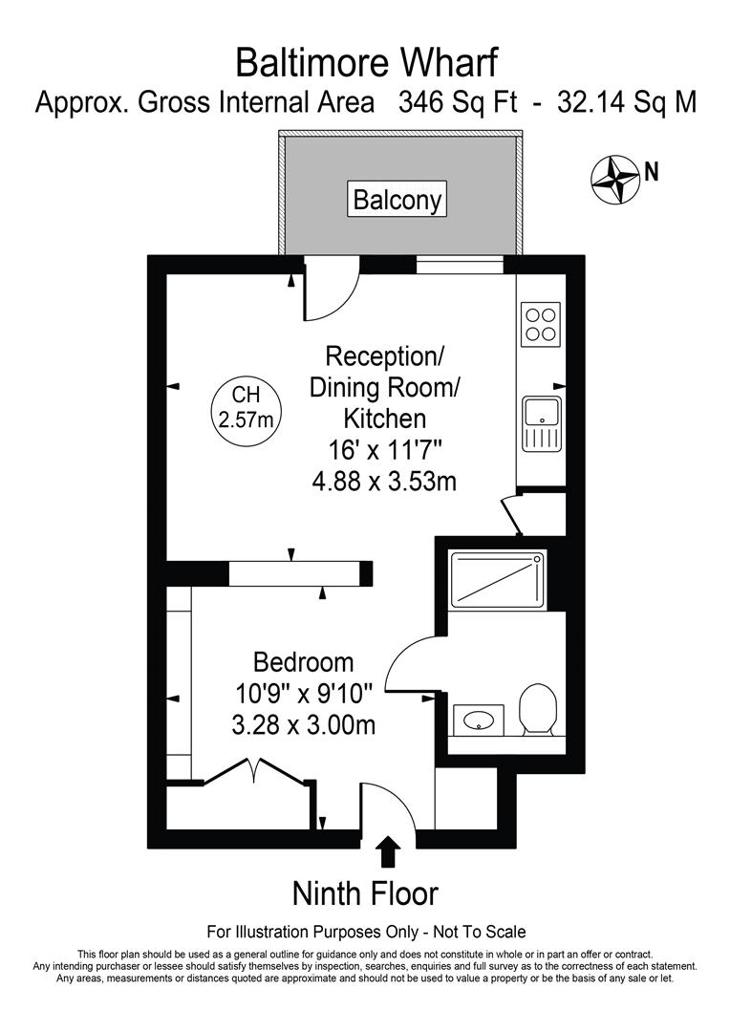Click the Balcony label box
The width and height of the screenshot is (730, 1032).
coord(397,200)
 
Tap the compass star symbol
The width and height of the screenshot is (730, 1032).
coord(614,179)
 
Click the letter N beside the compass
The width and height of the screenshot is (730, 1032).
coord(652,172)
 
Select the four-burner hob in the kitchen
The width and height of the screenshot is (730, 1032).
coord(541,324)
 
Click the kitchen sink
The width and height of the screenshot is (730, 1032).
coord(542,423)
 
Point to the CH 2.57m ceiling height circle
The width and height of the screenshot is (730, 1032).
coord(246,407)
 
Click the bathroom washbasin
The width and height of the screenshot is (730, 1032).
coord(478,720)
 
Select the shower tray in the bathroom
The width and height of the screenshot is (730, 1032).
coord(497,578)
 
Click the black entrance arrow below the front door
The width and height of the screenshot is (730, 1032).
coord(389,849)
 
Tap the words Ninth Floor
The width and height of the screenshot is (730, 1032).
coord(364,894)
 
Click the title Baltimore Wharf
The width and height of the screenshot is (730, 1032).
coord(366,63)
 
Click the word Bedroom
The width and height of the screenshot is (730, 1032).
coord(303,661)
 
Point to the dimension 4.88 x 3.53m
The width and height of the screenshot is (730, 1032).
coord(384,481)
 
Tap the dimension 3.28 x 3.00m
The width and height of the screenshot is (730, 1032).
coord(303,725)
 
